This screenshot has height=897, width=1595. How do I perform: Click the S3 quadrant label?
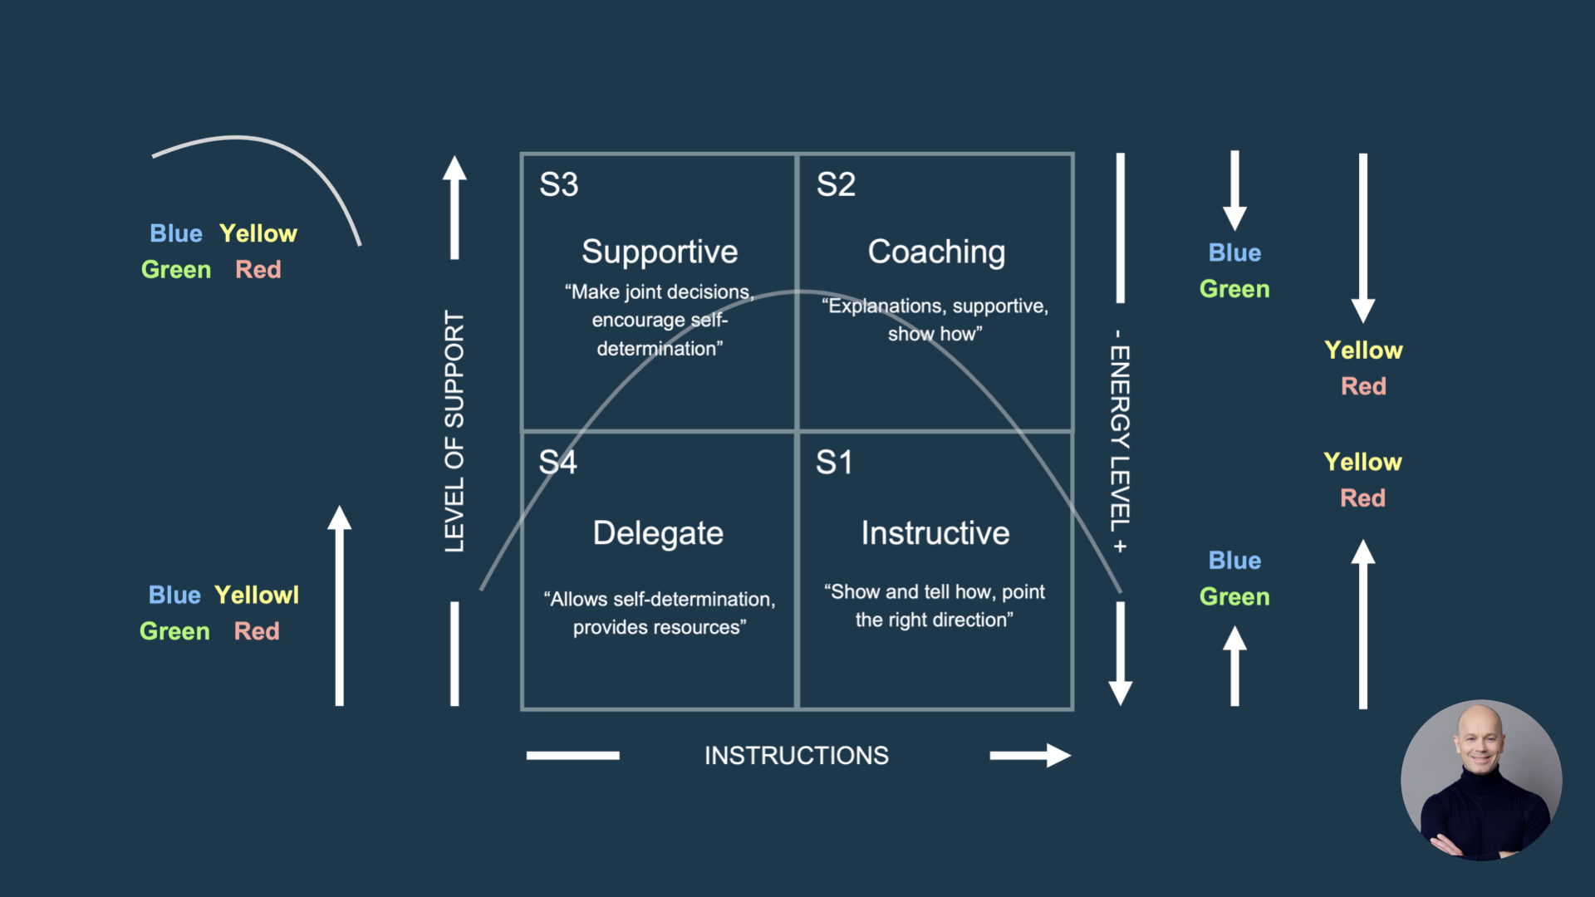558,184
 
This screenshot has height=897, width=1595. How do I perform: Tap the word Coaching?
936,252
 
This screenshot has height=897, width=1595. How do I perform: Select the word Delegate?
658,533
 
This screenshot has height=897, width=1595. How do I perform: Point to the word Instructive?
935,533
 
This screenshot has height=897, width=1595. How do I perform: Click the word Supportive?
660,252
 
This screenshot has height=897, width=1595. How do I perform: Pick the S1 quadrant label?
834,463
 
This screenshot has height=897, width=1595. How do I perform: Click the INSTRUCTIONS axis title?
796,756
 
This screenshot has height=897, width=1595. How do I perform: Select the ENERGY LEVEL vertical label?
1120,440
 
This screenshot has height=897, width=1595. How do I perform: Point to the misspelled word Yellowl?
257,595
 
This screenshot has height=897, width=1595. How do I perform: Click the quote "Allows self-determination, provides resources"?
660,613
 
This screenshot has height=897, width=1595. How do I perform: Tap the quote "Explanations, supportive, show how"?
935,320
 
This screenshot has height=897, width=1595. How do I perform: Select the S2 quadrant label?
836,184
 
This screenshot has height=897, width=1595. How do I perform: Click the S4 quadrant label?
557,463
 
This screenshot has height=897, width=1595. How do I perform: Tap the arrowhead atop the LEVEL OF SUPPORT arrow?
454,169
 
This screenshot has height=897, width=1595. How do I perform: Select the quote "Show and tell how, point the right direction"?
935,605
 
